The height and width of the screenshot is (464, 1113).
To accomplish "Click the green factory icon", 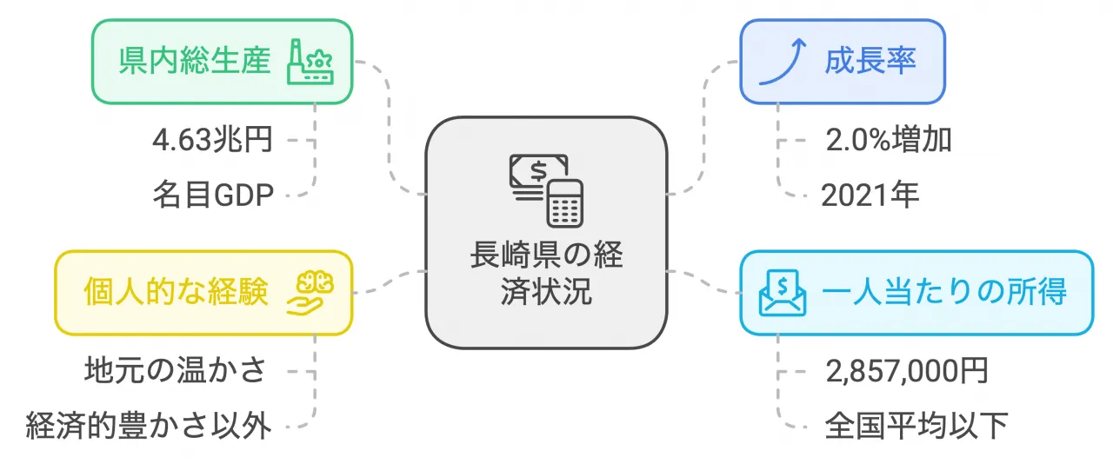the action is [310, 62].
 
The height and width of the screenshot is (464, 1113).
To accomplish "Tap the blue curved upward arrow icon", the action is [783, 62].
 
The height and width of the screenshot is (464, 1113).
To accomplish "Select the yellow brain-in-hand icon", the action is [310, 293].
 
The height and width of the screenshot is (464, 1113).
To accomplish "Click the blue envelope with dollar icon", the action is [783, 293].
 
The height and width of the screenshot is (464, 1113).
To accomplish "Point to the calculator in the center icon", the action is [565, 203].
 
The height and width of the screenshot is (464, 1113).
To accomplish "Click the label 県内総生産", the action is [195, 61].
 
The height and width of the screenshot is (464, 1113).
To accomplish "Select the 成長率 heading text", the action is [870, 61].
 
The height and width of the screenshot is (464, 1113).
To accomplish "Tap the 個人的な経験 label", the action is [176, 292].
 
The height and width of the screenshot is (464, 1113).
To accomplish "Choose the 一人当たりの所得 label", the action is [944, 292].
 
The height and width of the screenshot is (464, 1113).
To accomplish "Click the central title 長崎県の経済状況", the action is [547, 273].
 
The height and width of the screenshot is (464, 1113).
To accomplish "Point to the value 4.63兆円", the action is [213, 140].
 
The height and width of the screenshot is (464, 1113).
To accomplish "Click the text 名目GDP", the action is [213, 195].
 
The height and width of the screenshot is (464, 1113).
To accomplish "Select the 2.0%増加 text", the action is [889, 140].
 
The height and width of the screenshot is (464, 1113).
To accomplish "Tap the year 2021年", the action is [870, 195].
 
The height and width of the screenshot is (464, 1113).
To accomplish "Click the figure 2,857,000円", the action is [907, 371].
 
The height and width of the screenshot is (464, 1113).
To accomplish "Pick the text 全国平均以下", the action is [916, 426].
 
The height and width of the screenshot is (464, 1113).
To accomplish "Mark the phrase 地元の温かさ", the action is [176, 371].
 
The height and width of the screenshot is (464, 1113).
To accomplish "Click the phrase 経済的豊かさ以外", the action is [149, 426].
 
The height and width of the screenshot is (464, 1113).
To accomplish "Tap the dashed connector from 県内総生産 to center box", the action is [389, 128].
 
